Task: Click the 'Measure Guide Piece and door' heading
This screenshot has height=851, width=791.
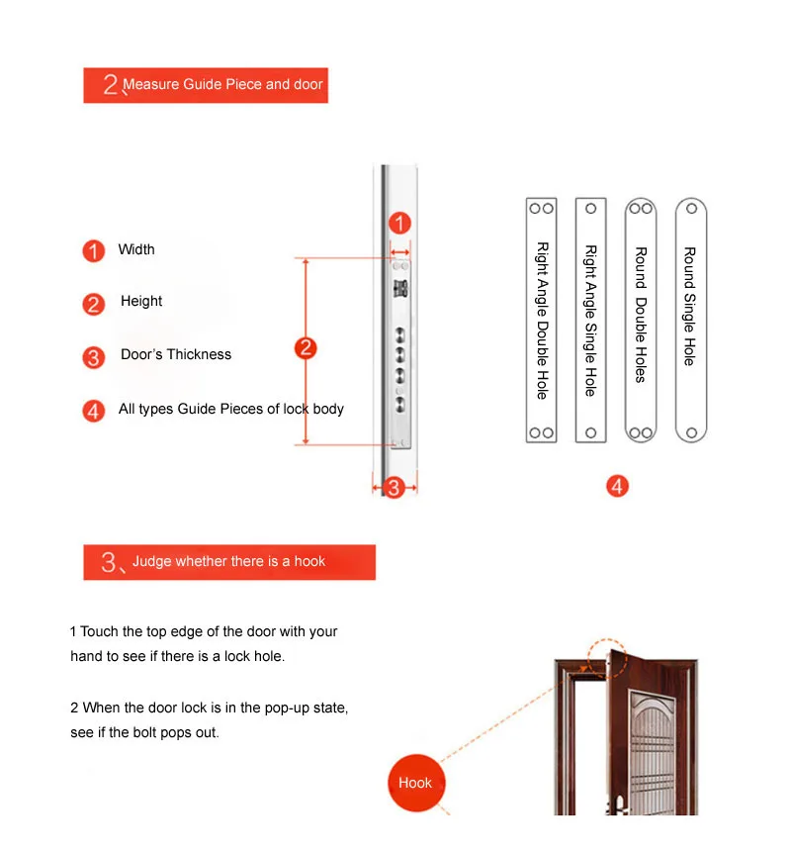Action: [x=222, y=84]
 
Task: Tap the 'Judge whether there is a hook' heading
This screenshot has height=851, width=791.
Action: [x=228, y=561]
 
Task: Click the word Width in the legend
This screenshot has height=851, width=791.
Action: [x=136, y=249]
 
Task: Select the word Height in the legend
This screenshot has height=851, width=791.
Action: [x=141, y=301]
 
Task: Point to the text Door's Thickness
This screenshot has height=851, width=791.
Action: [x=176, y=354]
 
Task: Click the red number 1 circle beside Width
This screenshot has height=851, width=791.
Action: [x=94, y=251]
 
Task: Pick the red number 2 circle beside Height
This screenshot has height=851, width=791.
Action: [x=94, y=304]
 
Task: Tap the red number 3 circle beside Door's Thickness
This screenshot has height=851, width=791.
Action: [x=94, y=357]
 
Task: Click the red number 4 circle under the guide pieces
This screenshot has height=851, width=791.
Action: [x=617, y=486]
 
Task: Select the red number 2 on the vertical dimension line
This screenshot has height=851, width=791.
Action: [x=306, y=347]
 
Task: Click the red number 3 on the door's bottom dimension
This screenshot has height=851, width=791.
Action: [x=394, y=487]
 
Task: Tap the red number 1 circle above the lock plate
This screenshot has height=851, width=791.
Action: [x=399, y=224]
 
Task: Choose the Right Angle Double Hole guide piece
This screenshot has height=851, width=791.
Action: [x=541, y=320]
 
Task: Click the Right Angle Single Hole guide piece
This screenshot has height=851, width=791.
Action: [x=590, y=320]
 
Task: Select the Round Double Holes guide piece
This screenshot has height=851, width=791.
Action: [x=641, y=320]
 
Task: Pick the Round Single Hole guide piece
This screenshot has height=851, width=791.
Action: [x=690, y=320]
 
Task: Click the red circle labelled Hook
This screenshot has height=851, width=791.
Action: [x=415, y=783]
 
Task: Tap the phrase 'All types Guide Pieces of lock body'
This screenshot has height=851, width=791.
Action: [x=231, y=409]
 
